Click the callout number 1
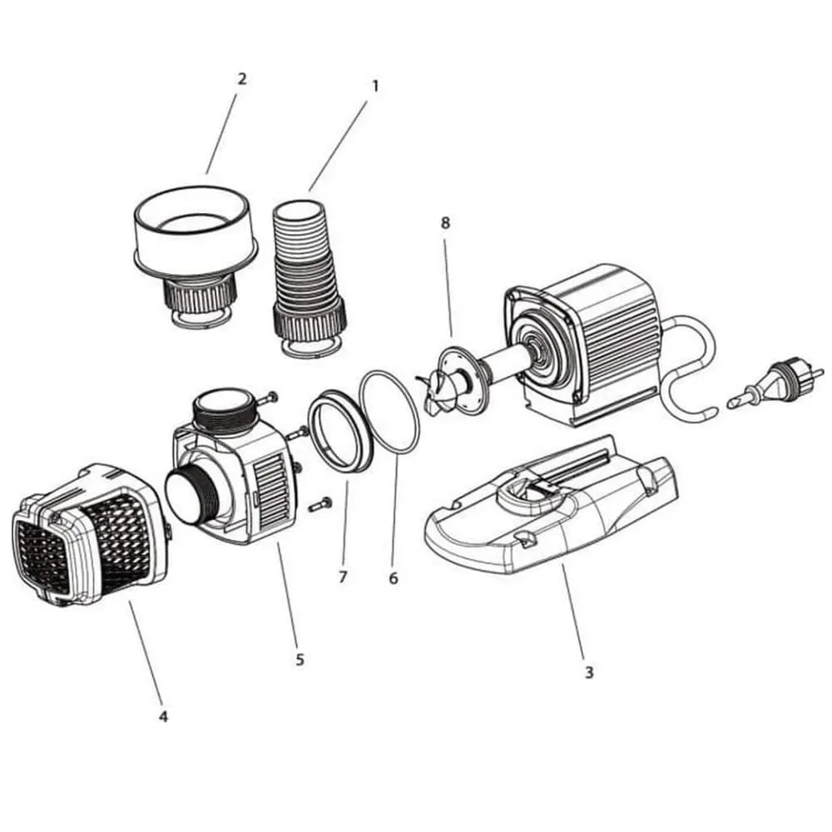[375, 86]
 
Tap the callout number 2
[242, 79]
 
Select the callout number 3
[589, 672]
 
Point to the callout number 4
[163, 716]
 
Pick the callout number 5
[300, 660]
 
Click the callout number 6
[394, 578]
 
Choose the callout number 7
[343, 577]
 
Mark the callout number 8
[445, 223]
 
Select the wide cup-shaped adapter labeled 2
[196, 255]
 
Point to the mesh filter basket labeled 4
[90, 536]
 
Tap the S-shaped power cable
[688, 366]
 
